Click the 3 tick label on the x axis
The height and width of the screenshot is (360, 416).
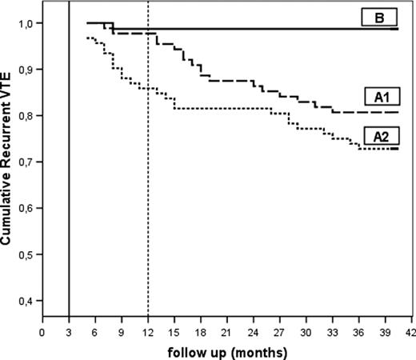click(69, 330)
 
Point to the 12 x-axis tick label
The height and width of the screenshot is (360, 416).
click(148, 330)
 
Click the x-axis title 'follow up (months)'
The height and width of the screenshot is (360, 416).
click(229, 350)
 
